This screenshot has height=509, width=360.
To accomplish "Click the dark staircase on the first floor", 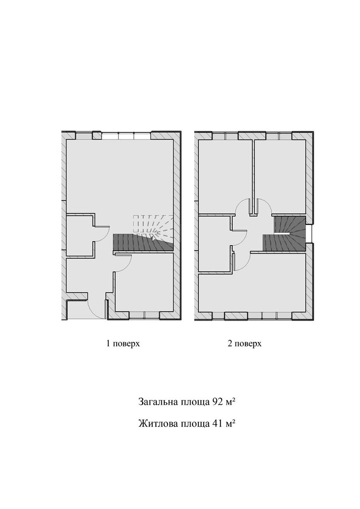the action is (143, 243).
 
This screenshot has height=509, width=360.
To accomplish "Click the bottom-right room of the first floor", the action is (144, 282).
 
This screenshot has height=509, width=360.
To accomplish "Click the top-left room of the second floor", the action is (225, 177).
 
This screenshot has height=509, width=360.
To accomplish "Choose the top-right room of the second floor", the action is (280, 177).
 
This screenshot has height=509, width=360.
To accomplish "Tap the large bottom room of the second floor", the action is (252, 293).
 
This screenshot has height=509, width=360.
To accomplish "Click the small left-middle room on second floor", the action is (214, 243).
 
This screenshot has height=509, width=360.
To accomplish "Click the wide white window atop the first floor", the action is (126, 136).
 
